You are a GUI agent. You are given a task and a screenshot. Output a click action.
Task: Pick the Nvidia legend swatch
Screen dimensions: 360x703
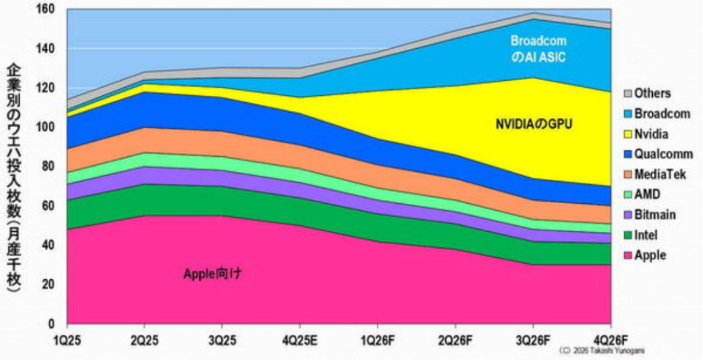pos(627,134)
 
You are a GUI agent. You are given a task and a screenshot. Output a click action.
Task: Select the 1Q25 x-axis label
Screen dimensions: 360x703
pos(67,340)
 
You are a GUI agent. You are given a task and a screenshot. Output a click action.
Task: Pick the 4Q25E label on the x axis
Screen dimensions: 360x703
pos(299,340)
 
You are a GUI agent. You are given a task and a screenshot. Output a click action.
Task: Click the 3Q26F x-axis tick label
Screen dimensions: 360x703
pos(533,340)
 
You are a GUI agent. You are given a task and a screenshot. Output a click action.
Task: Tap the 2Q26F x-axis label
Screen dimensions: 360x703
pos(455,340)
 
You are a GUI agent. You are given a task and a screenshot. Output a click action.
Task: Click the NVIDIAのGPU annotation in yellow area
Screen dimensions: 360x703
pos(533,124)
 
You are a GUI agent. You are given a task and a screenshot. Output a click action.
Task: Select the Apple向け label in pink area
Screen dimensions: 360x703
pos(213,273)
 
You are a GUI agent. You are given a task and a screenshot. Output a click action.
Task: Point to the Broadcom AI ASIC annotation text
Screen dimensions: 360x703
pos(538,49)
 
